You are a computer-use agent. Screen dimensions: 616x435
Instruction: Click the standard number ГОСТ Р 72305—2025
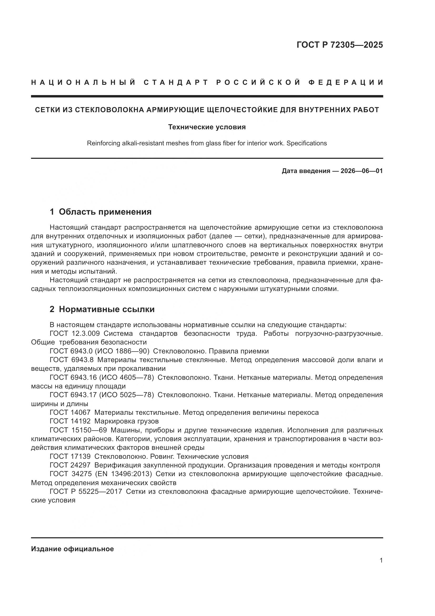tap(339, 45)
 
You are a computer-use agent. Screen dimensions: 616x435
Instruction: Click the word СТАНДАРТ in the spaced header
tap(176, 82)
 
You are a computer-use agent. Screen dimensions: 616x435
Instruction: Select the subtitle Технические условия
tap(207, 127)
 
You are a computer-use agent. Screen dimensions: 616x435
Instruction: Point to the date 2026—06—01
tap(362, 171)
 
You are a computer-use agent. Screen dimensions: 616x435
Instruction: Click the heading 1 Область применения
tap(100, 212)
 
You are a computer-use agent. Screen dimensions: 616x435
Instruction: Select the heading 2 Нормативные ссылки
tap(102, 309)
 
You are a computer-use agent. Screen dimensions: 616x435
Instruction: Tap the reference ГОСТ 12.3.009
tap(75, 333)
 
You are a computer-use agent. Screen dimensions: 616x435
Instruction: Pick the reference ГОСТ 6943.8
tap(72, 360)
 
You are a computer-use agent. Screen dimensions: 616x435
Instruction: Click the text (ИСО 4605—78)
tap(127, 377)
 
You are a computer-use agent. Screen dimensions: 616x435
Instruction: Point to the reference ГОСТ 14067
tap(70, 412)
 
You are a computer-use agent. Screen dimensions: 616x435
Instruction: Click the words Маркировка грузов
tap(127, 421)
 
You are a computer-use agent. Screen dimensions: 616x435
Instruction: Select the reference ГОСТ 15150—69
tap(78, 430)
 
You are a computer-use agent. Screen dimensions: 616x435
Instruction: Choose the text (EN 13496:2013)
tap(124, 474)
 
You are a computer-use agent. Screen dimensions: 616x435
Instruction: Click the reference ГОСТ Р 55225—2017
tap(86, 491)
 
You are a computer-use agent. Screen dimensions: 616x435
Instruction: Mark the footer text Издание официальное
tap(72, 549)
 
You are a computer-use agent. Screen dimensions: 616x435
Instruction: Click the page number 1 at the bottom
tap(381, 560)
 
